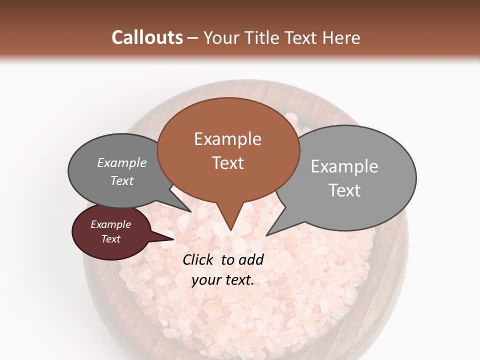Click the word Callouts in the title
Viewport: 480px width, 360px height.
(147, 37)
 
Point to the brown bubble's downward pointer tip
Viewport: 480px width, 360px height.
(230, 229)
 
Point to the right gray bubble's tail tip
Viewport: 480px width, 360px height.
(267, 234)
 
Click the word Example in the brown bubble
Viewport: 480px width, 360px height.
(227, 139)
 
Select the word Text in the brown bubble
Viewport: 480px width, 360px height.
(227, 163)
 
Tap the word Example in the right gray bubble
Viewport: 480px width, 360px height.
(344, 166)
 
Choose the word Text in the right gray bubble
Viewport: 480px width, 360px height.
(344, 190)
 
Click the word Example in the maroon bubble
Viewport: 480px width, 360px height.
(110, 224)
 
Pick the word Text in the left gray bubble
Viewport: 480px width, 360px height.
(121, 180)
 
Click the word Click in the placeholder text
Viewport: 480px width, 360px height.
(199, 259)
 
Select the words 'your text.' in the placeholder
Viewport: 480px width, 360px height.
(222, 280)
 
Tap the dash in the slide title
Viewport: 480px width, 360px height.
(193, 37)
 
